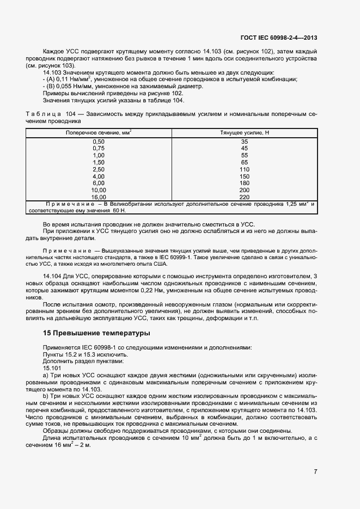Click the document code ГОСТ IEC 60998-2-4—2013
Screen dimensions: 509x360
[x=278, y=38]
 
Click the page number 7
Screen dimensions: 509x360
[x=315, y=471]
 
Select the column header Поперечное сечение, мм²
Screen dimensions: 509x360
[x=99, y=133]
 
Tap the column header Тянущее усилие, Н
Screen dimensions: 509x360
[x=245, y=133]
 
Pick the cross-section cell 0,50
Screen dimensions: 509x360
[x=99, y=142]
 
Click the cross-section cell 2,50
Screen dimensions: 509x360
[x=99, y=169]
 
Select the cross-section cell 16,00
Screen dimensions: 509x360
[x=99, y=197]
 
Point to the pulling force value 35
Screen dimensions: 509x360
[x=244, y=142]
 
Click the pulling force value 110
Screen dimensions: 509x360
[x=244, y=169]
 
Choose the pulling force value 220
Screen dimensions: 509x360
[x=244, y=197]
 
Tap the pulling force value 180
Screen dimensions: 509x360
[x=244, y=183]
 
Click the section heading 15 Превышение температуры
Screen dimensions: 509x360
[x=96, y=333]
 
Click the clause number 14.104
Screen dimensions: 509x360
[x=52, y=277]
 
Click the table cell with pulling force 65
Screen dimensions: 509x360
[x=244, y=162]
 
